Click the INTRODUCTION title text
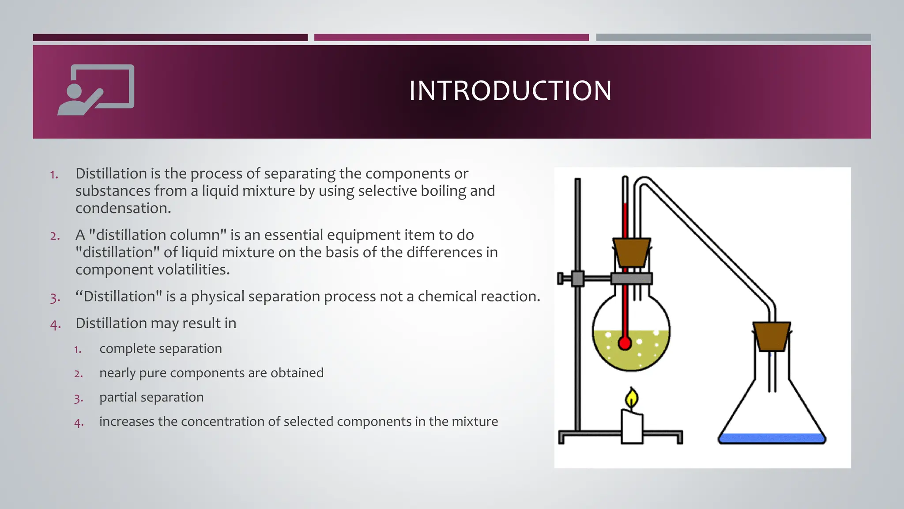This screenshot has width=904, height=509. tap(510, 91)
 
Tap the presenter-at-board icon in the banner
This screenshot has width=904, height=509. tap(96, 90)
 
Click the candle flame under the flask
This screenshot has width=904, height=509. tap(632, 399)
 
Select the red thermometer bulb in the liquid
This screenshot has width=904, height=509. tap(625, 343)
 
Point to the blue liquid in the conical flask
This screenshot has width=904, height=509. tap(772, 438)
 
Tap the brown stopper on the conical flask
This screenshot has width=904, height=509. tap(772, 336)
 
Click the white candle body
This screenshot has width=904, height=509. tap(632, 426)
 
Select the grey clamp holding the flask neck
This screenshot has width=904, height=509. tap(631, 278)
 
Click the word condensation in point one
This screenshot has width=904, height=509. tap(123, 208)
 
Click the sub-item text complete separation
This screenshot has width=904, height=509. tap(161, 349)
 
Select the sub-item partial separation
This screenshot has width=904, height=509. tap(151, 397)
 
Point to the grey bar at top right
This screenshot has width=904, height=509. tap(733, 38)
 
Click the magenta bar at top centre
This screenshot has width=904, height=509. tap(451, 38)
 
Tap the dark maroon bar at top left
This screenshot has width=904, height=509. tap(170, 38)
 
